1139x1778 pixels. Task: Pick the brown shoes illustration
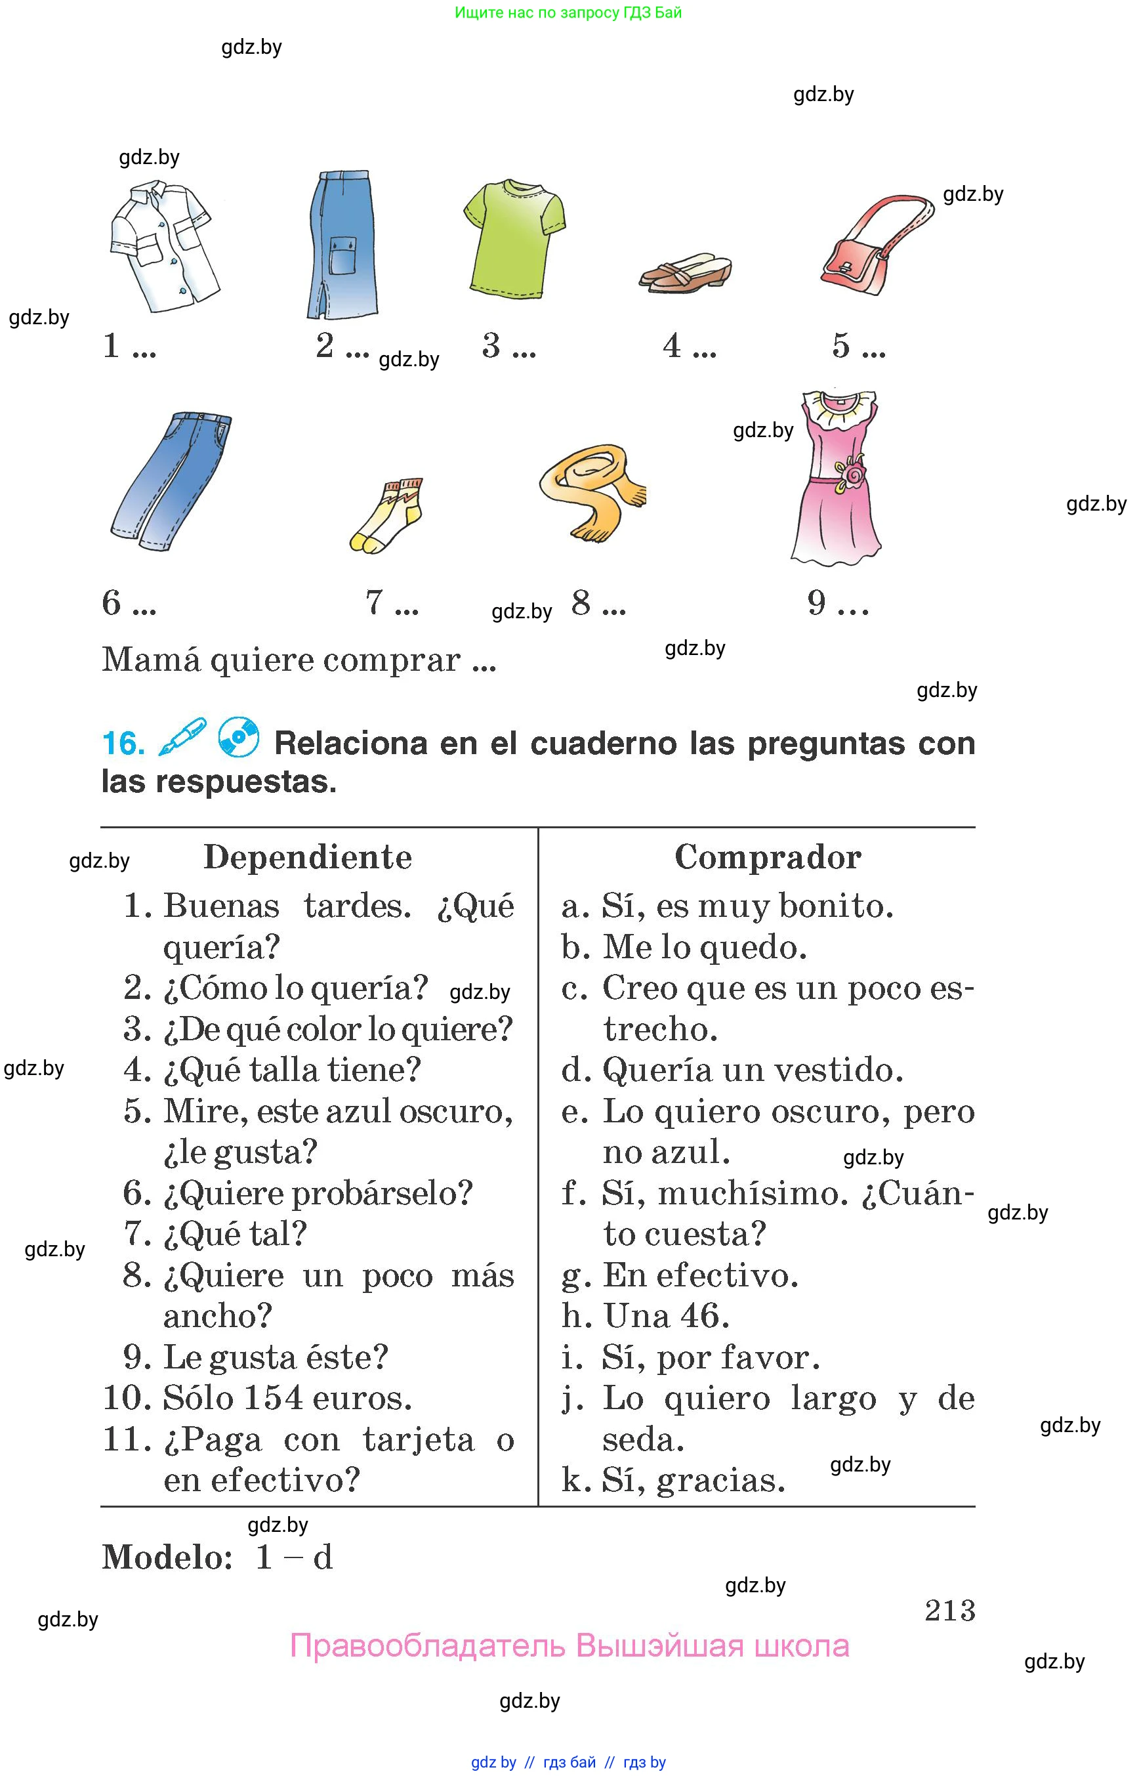tap(685, 272)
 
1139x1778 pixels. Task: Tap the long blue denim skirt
tap(342, 245)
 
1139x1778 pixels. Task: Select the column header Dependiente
tap(308, 857)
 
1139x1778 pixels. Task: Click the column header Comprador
tap(768, 857)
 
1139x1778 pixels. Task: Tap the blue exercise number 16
tap(123, 744)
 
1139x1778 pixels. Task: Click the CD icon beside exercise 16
tap(238, 738)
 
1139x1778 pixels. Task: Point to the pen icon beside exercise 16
tap(182, 737)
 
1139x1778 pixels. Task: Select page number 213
tap(949, 1610)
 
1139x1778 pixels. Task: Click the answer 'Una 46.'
tap(666, 1315)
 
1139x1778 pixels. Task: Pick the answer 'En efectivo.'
tap(699, 1275)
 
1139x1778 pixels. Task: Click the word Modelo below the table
tap(167, 1557)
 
